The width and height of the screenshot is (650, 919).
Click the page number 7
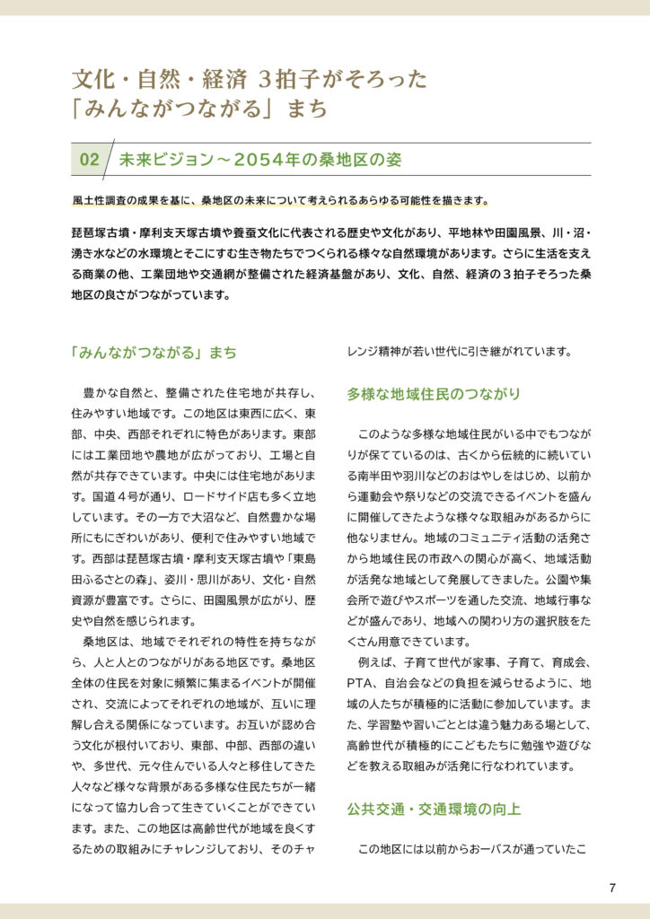point(612,888)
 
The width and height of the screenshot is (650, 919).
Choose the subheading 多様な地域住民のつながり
point(433,394)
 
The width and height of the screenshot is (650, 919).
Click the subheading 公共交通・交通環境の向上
point(433,809)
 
